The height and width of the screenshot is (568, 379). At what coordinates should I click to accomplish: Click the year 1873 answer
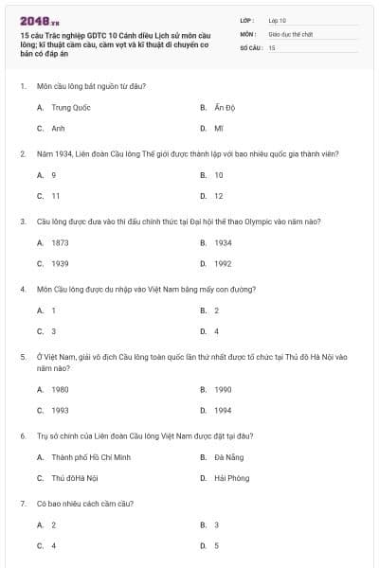click(60, 243)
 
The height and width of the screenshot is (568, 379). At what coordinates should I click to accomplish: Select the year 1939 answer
click(60, 263)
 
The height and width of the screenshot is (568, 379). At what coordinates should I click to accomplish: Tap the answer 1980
click(60, 389)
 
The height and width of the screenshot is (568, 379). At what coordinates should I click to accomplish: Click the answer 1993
click(60, 410)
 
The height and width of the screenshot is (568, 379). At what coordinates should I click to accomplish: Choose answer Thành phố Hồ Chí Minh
click(91, 457)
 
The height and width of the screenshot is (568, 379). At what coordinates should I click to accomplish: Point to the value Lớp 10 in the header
click(278, 19)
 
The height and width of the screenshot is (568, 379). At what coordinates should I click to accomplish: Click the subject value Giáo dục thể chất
click(290, 33)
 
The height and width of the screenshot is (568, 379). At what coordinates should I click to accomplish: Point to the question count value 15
click(272, 46)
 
